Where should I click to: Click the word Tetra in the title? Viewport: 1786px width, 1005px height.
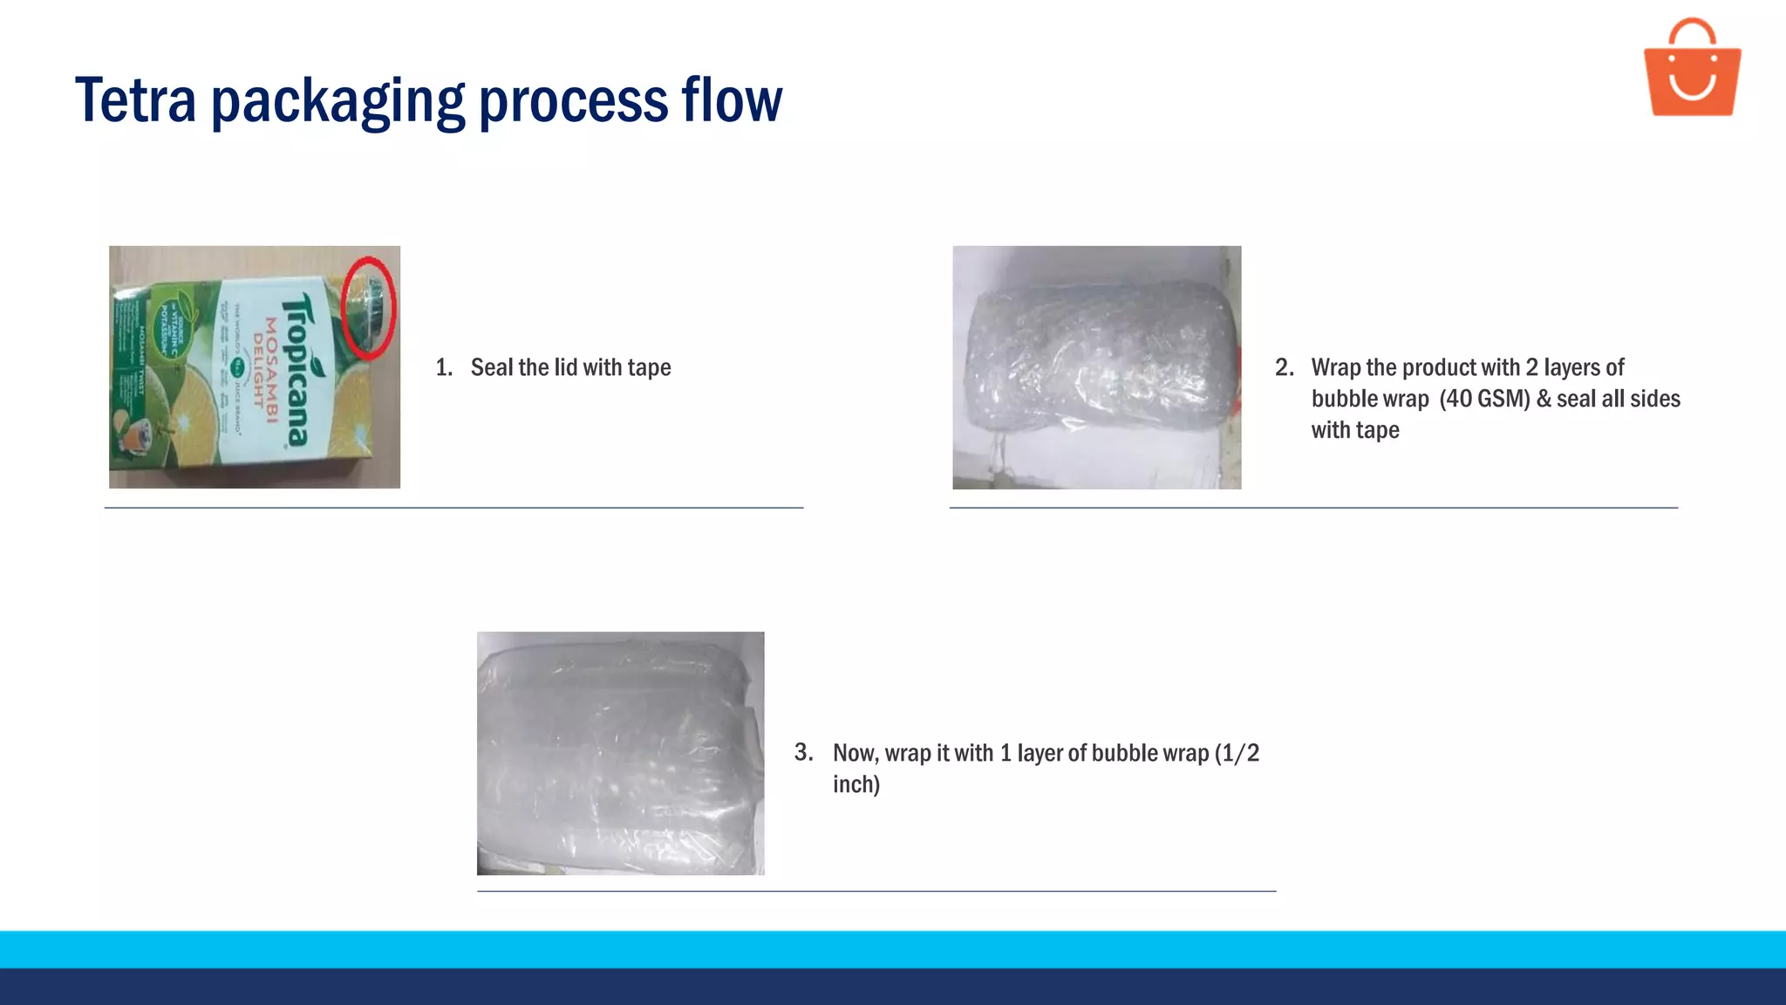[x=135, y=100]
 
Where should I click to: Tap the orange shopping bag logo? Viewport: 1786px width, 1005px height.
[x=1692, y=70]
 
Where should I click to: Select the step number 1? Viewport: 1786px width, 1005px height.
[x=443, y=367]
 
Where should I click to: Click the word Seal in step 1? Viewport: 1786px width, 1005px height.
[x=492, y=367]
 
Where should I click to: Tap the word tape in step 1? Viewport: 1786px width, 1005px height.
[x=649, y=368]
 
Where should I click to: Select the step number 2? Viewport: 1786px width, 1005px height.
[x=1284, y=367]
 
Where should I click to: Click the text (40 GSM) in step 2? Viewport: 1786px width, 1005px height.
[x=1484, y=399]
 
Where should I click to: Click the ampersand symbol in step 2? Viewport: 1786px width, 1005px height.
[x=1544, y=399]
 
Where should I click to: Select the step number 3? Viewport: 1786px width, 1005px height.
[x=803, y=752]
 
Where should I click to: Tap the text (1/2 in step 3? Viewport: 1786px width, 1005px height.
[x=1237, y=753]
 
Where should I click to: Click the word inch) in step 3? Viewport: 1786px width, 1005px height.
[x=856, y=784]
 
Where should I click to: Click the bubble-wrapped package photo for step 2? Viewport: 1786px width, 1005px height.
[x=1096, y=367]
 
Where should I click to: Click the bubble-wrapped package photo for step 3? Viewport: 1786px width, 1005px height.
[x=620, y=753]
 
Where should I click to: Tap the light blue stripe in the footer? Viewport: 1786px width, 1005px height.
[x=893, y=949]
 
